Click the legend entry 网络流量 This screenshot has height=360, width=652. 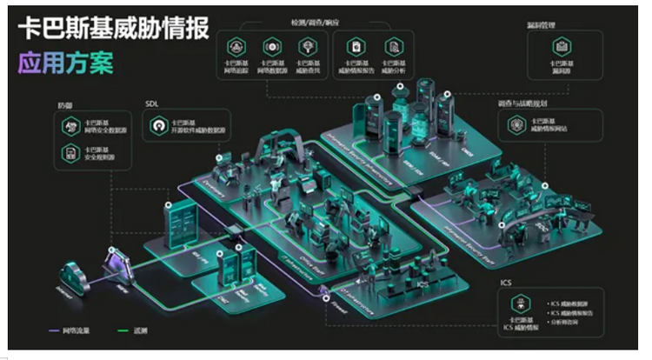click(69, 330)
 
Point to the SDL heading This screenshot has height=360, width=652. click(153, 103)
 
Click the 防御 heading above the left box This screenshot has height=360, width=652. click(65, 105)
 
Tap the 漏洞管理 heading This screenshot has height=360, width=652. click(542, 26)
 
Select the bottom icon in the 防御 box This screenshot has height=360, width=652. click(70, 154)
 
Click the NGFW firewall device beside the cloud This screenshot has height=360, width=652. click(116, 264)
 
